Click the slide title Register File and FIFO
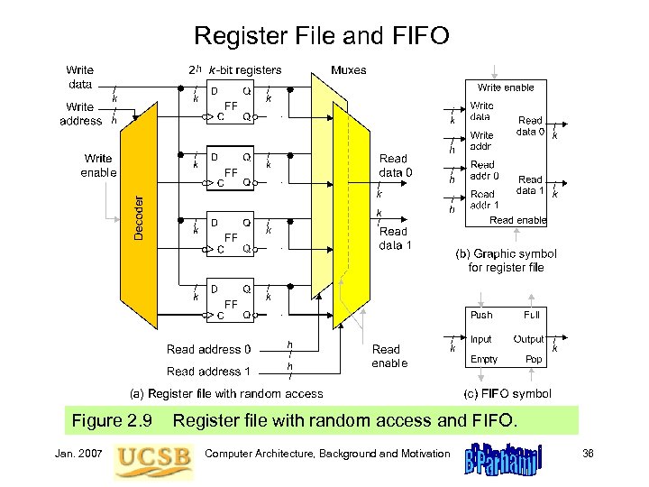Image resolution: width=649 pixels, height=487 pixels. tap(322, 36)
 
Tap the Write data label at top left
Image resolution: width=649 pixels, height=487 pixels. tap(80, 77)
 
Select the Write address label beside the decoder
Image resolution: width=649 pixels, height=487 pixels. tap(80, 114)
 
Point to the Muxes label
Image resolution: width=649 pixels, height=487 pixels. tap(349, 69)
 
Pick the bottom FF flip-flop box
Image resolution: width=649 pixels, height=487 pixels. tap(229, 303)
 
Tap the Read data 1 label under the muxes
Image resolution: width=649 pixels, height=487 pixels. tap(395, 238)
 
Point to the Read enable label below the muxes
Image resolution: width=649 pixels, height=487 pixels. tap(389, 355)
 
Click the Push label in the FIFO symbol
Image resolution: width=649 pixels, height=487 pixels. tap(481, 315)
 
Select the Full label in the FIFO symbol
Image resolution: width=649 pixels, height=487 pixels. tap(532, 315)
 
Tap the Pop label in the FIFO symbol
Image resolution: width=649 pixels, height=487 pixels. tap(535, 359)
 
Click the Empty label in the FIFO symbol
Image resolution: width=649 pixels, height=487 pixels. tap(484, 359)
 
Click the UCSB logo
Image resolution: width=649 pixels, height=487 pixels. tap(153, 456)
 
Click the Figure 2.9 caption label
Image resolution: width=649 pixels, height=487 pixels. tap(111, 420)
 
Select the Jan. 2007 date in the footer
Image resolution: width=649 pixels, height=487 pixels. tap(84, 452)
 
